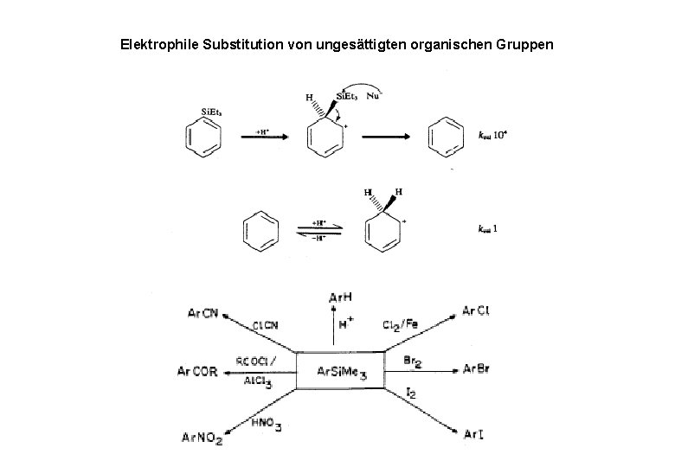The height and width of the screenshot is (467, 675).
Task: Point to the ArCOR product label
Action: tap(198, 372)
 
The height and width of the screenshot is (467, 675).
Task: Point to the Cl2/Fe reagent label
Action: tap(399, 325)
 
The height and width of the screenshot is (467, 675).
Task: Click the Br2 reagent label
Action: tap(413, 358)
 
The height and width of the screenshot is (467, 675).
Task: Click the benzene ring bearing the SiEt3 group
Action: tap(206, 138)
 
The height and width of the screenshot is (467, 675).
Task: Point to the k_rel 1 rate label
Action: tap(488, 228)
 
